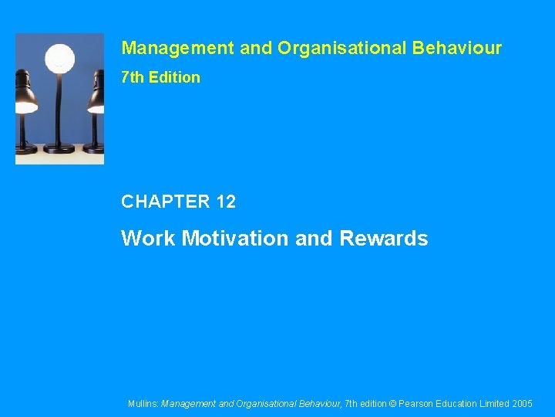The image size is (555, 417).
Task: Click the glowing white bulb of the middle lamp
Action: tap(59, 57)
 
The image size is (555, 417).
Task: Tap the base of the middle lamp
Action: tap(59, 147)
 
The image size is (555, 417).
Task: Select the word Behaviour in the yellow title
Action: tap(456, 48)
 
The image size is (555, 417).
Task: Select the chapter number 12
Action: tap(226, 202)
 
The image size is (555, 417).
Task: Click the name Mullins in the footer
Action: tap(143, 403)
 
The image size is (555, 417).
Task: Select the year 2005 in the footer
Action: tap(521, 403)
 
